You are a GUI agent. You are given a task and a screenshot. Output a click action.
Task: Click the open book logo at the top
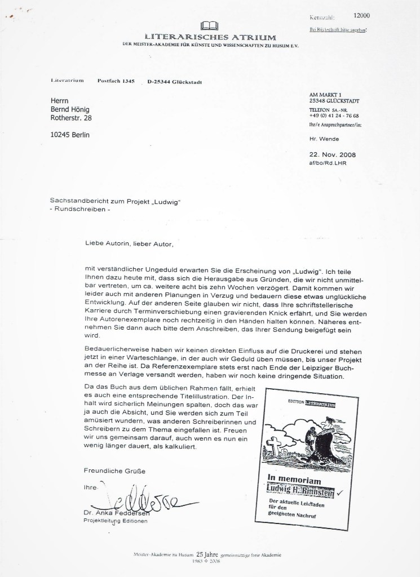212,25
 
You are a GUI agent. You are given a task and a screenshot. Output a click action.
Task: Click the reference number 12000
359,16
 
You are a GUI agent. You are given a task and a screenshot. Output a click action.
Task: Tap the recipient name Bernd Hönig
73,108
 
